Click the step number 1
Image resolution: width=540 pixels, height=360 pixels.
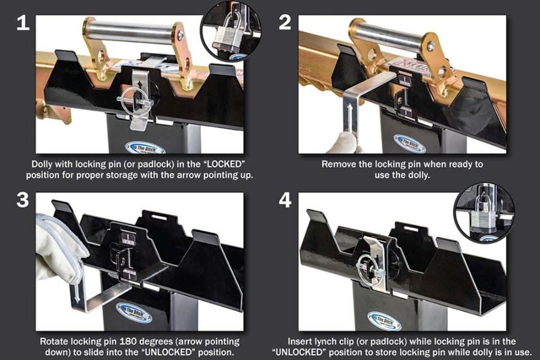tap(22, 23)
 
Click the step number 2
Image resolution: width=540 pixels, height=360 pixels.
tap(285, 23)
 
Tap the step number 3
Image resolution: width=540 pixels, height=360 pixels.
tap(22, 199)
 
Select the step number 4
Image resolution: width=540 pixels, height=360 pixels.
tap(285, 199)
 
